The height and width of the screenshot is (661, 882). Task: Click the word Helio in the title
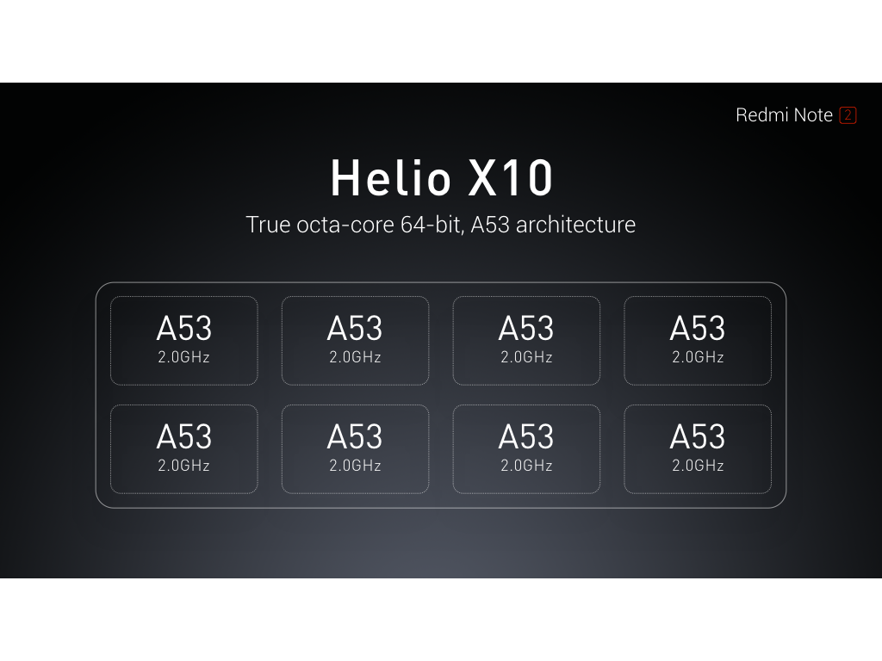tap(390, 178)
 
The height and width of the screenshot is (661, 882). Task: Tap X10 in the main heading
tap(511, 178)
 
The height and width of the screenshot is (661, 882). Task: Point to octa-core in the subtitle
tap(342, 225)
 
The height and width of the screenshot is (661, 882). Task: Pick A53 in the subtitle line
tap(489, 225)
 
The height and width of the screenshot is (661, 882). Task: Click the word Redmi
tap(760, 115)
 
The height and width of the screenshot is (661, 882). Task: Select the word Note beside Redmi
tap(813, 115)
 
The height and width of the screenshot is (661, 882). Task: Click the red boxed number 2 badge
tap(848, 115)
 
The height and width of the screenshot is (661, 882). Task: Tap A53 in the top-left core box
tap(183, 329)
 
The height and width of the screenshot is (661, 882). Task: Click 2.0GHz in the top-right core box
tap(698, 357)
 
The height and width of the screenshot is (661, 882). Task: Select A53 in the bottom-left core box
tap(183, 437)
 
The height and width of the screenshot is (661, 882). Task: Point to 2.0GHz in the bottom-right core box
tap(698, 466)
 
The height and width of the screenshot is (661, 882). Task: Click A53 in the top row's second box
tap(355, 329)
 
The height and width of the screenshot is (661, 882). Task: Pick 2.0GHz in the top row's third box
tap(526, 357)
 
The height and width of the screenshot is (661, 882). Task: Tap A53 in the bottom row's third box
tap(526, 437)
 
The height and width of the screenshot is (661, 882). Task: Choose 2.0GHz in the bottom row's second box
tap(355, 466)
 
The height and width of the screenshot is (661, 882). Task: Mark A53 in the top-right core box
tap(698, 329)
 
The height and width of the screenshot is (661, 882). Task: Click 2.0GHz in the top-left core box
tap(183, 357)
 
